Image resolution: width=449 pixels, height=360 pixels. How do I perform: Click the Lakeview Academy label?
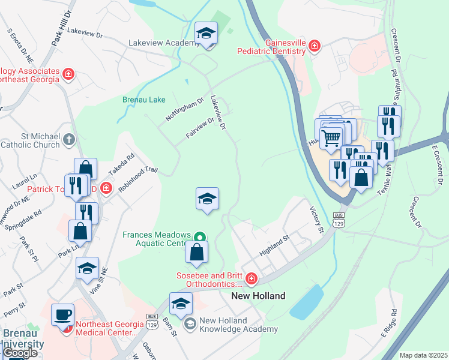tap(164, 43)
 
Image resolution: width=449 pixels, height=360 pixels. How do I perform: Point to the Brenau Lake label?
tap(143, 100)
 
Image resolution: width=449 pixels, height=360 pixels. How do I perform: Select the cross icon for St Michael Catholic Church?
tap(70, 139)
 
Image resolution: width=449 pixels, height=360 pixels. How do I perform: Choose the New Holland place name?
tap(258, 296)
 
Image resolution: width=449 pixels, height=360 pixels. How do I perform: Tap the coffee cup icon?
tap(63, 314)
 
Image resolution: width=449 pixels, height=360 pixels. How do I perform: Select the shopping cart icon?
tap(331, 139)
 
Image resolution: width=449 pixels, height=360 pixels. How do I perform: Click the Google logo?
tap(20, 353)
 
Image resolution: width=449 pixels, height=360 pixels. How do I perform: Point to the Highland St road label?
tap(274, 245)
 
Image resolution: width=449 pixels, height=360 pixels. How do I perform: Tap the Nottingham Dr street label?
tap(185, 109)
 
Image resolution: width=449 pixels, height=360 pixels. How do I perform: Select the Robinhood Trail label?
tap(137, 179)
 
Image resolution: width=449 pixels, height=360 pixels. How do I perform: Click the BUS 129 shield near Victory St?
tap(339, 220)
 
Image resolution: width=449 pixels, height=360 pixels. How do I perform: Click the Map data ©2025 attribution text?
tap(423, 355)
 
